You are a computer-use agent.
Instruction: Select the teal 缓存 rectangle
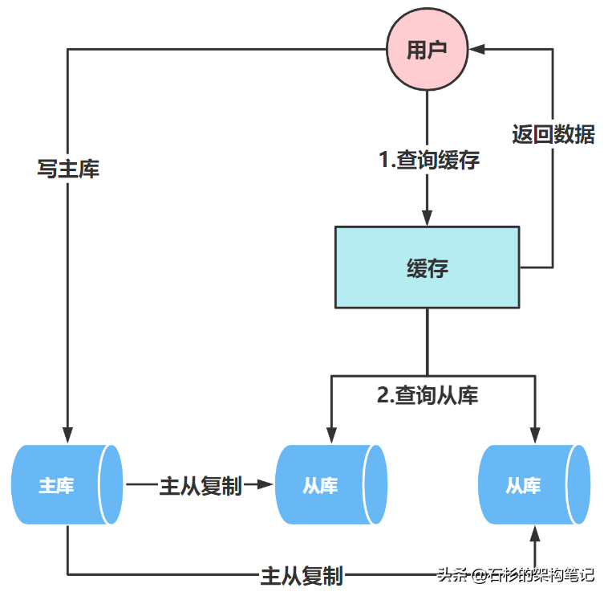pyautogui.click(x=427, y=267)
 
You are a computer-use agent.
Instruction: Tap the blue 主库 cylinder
pyautogui.click(x=67, y=485)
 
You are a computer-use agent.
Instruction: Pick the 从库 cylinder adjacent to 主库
pyautogui.click(x=330, y=485)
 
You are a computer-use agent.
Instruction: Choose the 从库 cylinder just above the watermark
pyautogui.click(x=533, y=485)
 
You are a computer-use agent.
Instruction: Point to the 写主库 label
pyautogui.click(x=68, y=169)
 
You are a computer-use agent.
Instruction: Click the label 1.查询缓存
pyautogui.click(x=429, y=160)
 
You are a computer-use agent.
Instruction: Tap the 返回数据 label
pyautogui.click(x=553, y=134)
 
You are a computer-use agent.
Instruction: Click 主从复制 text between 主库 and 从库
pyautogui.click(x=201, y=485)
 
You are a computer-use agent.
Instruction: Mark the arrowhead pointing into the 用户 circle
pyautogui.click(x=478, y=50)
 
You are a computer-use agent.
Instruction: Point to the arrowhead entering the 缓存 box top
pyautogui.click(x=427, y=218)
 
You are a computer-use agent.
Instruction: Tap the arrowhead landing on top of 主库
pyautogui.click(x=68, y=434)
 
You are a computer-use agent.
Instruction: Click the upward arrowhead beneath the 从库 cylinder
pyautogui.click(x=533, y=534)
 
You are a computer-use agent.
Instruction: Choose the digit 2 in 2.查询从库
pyautogui.click(x=383, y=395)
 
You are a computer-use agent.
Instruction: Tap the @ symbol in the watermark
pyautogui.click(x=479, y=575)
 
